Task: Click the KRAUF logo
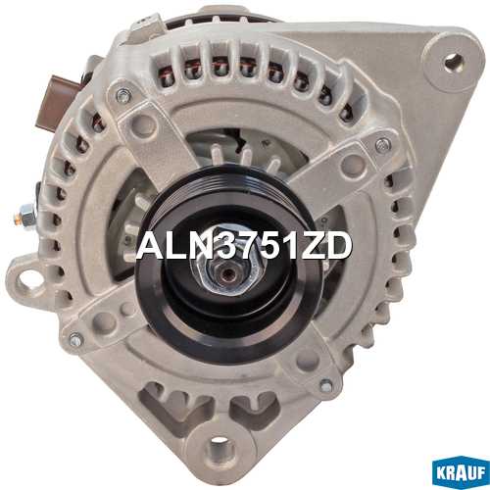click(x=461, y=472)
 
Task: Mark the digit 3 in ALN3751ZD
click(x=215, y=246)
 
